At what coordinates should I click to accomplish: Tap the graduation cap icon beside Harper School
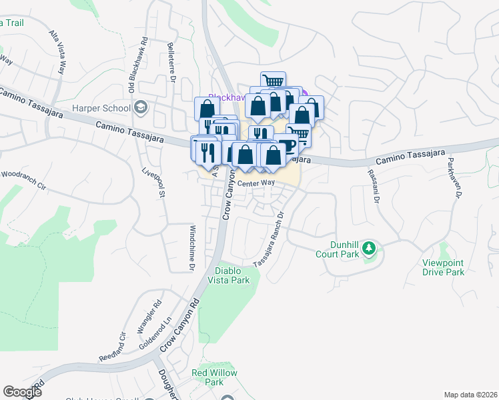(141, 107)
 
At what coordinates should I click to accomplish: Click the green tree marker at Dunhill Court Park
(370, 249)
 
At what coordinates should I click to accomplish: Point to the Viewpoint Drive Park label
(443, 267)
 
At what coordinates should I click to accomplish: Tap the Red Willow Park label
(214, 377)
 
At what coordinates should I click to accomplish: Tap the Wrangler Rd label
(149, 317)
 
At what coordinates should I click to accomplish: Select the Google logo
(22, 392)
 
